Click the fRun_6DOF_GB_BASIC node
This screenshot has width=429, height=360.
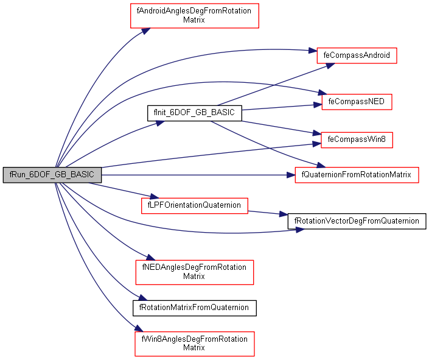click(x=52, y=174)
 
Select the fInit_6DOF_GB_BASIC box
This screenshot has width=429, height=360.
click(x=194, y=113)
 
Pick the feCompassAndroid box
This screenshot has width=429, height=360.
click(x=357, y=55)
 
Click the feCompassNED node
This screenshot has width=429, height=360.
click(x=356, y=101)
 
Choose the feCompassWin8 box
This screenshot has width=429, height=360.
click(x=357, y=139)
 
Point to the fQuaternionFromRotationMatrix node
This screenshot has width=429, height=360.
click(x=357, y=175)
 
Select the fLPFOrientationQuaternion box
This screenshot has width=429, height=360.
click(x=194, y=205)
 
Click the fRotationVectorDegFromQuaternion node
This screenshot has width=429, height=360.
click(x=357, y=221)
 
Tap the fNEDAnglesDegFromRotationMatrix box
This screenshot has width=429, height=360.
click(x=194, y=272)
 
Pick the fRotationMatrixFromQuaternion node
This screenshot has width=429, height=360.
click(x=195, y=308)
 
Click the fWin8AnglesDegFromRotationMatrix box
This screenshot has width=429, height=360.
click(x=194, y=344)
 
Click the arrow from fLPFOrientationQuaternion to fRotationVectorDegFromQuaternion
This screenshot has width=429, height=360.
click(x=268, y=213)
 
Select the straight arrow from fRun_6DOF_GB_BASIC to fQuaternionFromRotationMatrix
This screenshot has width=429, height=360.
click(x=195, y=175)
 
